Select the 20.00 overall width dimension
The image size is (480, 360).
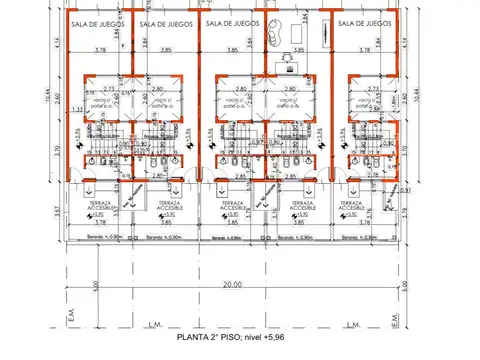pos(234,284)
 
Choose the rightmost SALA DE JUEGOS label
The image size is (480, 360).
pos(364,22)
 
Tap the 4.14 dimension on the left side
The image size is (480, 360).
pos(58,43)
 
